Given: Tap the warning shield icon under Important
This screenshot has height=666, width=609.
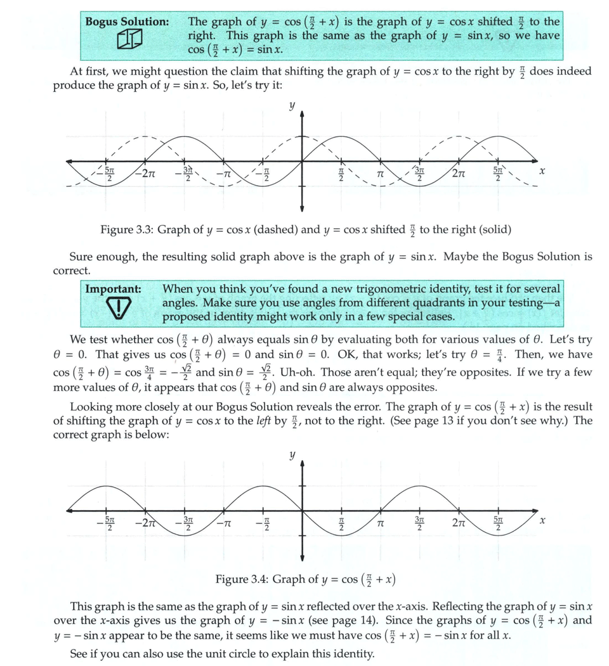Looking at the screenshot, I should click(x=114, y=309).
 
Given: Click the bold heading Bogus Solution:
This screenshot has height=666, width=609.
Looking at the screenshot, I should click(x=127, y=22).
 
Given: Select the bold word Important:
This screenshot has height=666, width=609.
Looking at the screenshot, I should click(x=114, y=289).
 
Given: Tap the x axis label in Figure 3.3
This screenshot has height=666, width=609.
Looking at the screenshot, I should click(x=542, y=172).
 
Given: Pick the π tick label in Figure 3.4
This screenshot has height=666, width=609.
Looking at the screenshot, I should click(x=381, y=524).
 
